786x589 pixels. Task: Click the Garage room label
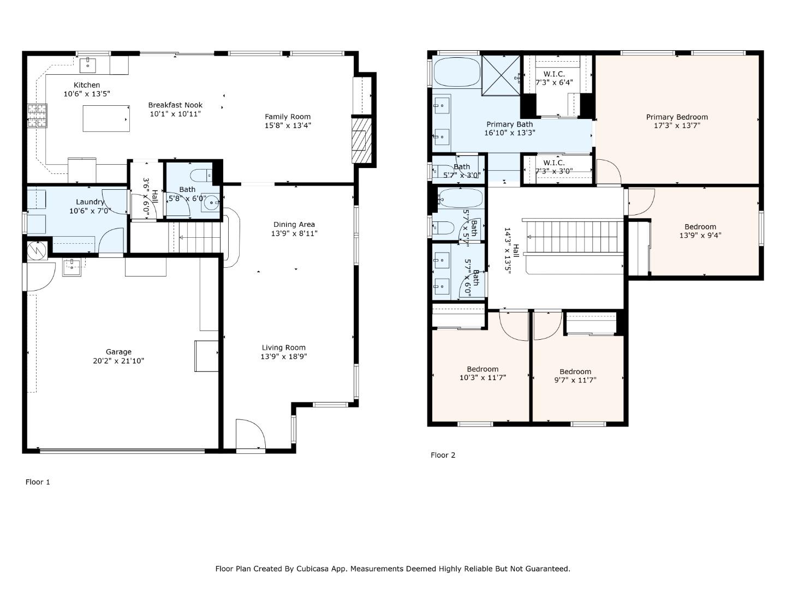point(118,352)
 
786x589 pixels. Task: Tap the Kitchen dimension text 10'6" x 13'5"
point(87,94)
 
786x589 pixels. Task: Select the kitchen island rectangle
point(106,118)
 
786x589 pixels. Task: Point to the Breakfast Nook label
point(175,105)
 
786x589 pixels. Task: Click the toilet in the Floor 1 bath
point(199,176)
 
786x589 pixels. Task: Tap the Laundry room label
point(90,202)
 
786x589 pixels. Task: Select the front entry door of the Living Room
point(250,434)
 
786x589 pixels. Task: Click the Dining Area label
point(294,224)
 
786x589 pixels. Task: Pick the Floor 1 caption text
point(38,482)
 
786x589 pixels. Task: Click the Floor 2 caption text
point(443,455)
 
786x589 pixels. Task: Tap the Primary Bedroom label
point(677,117)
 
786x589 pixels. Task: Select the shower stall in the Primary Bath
point(502,75)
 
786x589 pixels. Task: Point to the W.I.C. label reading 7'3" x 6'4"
point(554,78)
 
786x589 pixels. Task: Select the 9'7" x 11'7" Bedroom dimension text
point(575,380)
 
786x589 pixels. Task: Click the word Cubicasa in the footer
point(313,569)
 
